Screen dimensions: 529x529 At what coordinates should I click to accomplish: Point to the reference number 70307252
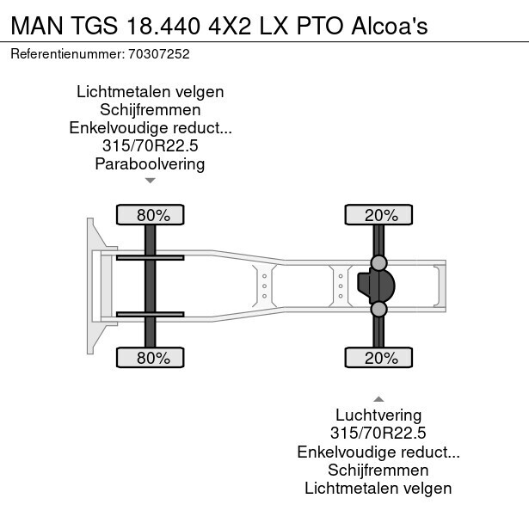pos(159,53)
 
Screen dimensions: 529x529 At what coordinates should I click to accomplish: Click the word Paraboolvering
pos(151,164)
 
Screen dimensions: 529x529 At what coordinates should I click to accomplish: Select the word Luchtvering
pos(378,416)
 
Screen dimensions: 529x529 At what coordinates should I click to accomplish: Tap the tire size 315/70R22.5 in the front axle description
pos(151,146)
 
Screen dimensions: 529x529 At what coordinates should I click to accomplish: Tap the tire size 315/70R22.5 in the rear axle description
pos(378,434)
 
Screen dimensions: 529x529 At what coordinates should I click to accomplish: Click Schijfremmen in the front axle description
pos(151,110)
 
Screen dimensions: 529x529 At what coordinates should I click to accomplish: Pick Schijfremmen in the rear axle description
pos(378,471)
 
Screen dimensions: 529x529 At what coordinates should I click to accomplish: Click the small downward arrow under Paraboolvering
pos(151,181)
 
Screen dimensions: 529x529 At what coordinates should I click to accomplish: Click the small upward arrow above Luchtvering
pos(378,399)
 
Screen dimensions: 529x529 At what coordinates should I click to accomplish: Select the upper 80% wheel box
pos(150,215)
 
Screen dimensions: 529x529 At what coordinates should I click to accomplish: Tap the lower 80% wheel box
pos(150,358)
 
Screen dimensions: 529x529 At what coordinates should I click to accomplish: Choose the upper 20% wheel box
pos(379,215)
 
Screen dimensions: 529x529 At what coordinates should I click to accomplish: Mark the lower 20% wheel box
pos(379,358)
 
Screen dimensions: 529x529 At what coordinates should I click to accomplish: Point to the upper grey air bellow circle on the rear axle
pos(378,262)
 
